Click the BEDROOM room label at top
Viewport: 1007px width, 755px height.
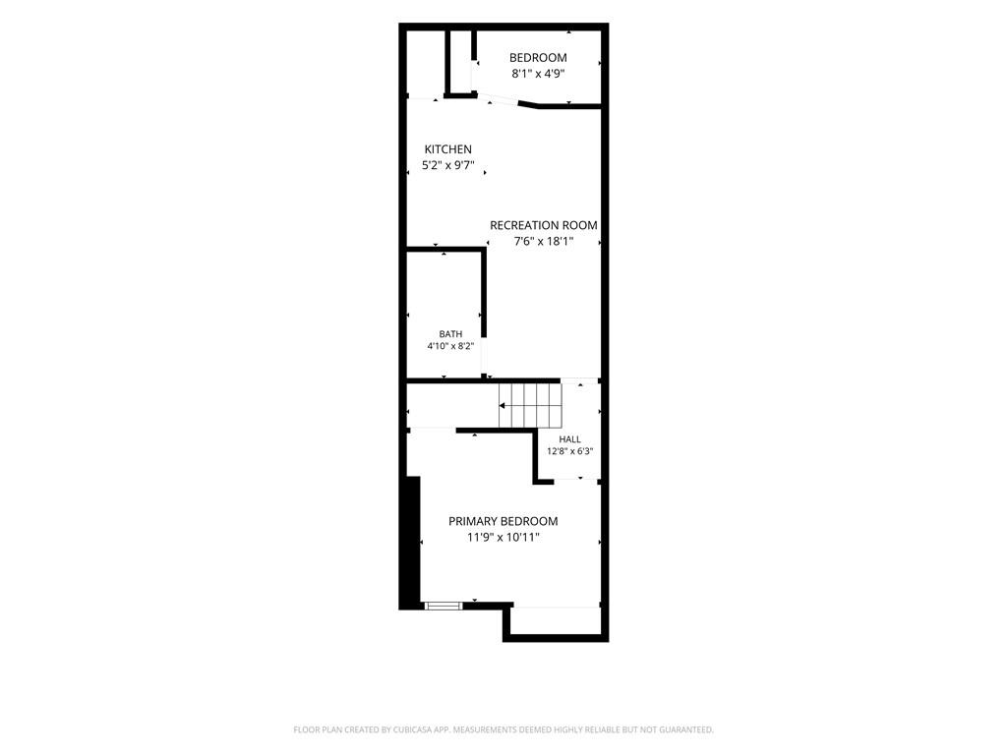click(538, 58)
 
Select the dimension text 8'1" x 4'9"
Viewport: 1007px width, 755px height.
click(538, 74)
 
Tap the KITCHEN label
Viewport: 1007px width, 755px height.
click(448, 149)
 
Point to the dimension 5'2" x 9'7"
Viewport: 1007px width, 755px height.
click(448, 165)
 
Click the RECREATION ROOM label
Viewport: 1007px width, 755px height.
click(543, 225)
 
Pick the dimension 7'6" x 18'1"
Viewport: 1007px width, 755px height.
click(543, 242)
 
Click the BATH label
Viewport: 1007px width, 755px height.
click(450, 334)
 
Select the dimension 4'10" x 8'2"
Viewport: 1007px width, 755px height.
click(450, 346)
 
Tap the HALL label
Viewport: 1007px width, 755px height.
click(569, 439)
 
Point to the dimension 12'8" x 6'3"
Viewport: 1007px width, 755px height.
click(569, 451)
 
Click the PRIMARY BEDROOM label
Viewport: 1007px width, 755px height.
click(503, 521)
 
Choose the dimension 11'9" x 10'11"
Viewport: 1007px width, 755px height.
click(503, 538)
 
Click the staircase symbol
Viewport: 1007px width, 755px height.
click(530, 405)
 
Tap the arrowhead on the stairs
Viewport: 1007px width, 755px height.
click(503, 406)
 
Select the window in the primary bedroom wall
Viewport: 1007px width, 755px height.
click(444, 605)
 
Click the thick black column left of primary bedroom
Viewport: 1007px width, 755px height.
click(410, 543)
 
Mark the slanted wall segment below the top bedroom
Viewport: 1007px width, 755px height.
click(528, 104)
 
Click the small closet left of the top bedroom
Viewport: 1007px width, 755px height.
click(460, 62)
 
